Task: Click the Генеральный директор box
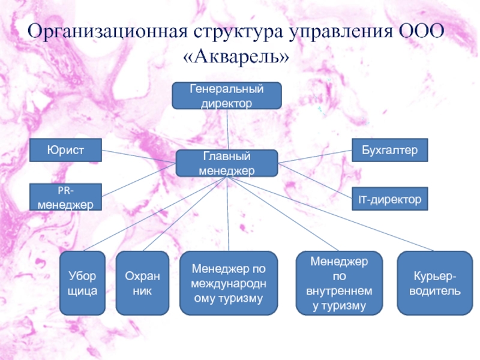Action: (227, 96)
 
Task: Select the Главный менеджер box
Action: (227, 163)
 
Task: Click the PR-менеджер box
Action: (66, 198)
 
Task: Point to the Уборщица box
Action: (83, 283)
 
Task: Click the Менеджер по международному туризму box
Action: (229, 283)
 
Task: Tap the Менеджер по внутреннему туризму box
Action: (340, 283)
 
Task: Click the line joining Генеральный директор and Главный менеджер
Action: (227, 130)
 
